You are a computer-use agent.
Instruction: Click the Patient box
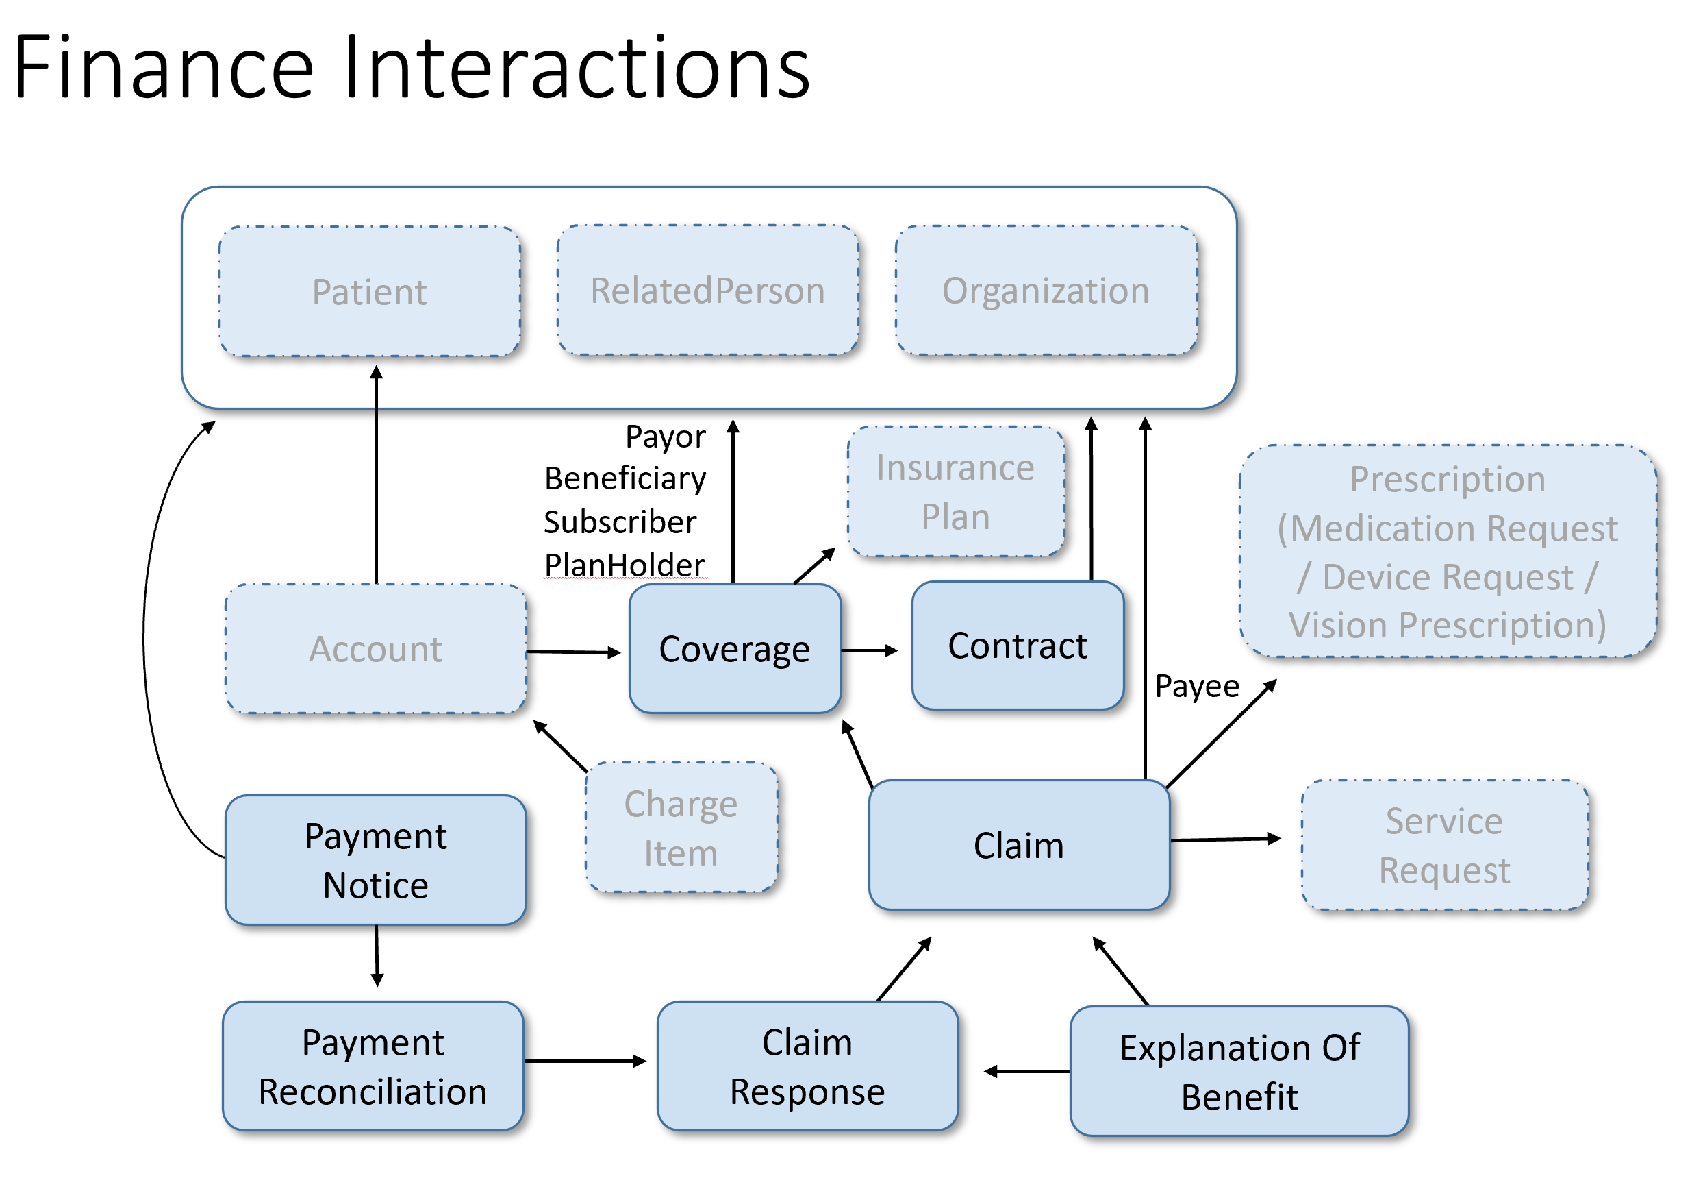369,291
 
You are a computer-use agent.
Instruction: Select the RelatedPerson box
707,290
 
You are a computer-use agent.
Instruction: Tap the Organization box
1046,290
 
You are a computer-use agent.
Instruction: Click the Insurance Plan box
955,491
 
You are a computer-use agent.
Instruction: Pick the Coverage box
734,649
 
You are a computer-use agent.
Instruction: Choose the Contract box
1017,646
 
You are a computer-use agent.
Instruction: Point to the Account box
375,649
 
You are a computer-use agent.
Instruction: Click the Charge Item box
681,828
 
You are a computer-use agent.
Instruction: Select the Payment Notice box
375,860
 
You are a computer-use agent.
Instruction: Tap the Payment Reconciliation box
373,1066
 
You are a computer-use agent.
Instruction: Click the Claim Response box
807,1066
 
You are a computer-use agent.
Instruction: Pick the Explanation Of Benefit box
1239,1071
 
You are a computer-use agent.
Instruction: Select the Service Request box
1444,844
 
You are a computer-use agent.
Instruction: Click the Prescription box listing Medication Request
1447,552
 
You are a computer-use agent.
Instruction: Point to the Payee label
1196,686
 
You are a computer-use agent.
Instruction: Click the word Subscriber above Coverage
620,522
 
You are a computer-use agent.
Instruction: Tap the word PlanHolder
624,565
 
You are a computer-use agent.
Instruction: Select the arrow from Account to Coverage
573,652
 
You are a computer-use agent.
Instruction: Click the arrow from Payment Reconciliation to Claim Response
585,1062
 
